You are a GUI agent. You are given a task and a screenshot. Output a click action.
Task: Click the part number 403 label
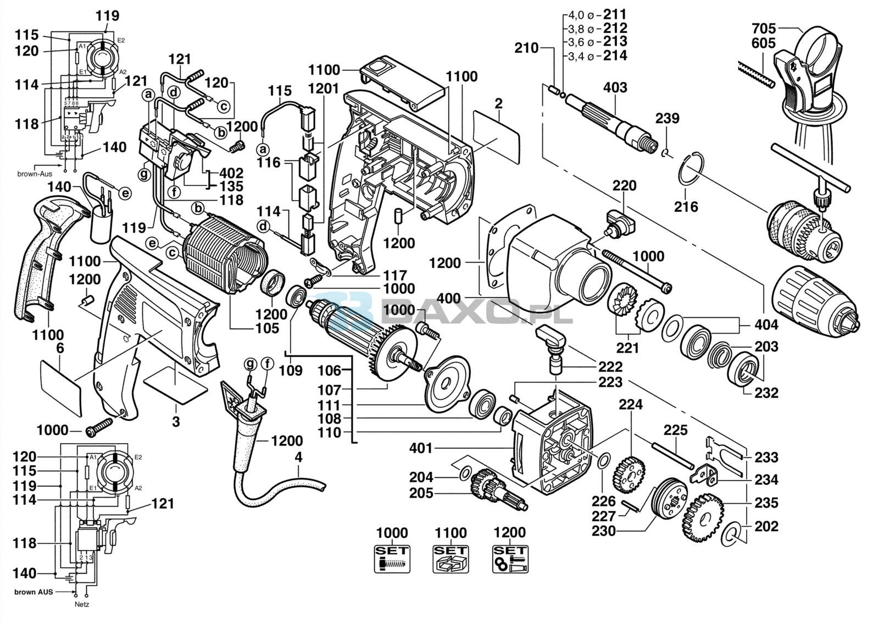click(x=615, y=88)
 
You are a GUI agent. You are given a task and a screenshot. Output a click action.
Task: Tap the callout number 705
click(x=764, y=28)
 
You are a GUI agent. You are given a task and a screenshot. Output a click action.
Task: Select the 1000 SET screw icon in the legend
click(x=392, y=558)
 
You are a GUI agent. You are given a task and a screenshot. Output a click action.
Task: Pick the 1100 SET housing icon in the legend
click(x=450, y=558)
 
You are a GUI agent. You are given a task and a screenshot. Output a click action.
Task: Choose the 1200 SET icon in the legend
click(x=510, y=558)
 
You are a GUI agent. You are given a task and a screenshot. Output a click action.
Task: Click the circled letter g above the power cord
click(x=251, y=364)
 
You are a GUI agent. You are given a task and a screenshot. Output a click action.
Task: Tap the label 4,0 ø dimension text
click(x=580, y=15)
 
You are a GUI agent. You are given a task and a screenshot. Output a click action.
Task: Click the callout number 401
click(x=421, y=449)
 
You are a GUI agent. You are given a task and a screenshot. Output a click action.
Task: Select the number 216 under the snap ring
click(x=686, y=207)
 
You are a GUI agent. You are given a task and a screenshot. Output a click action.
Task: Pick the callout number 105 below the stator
click(x=268, y=329)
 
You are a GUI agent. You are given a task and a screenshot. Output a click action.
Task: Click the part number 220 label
click(x=625, y=186)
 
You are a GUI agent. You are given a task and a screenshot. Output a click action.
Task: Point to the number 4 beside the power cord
click(x=298, y=457)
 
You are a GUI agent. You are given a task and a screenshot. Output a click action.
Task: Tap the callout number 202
click(x=766, y=527)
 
